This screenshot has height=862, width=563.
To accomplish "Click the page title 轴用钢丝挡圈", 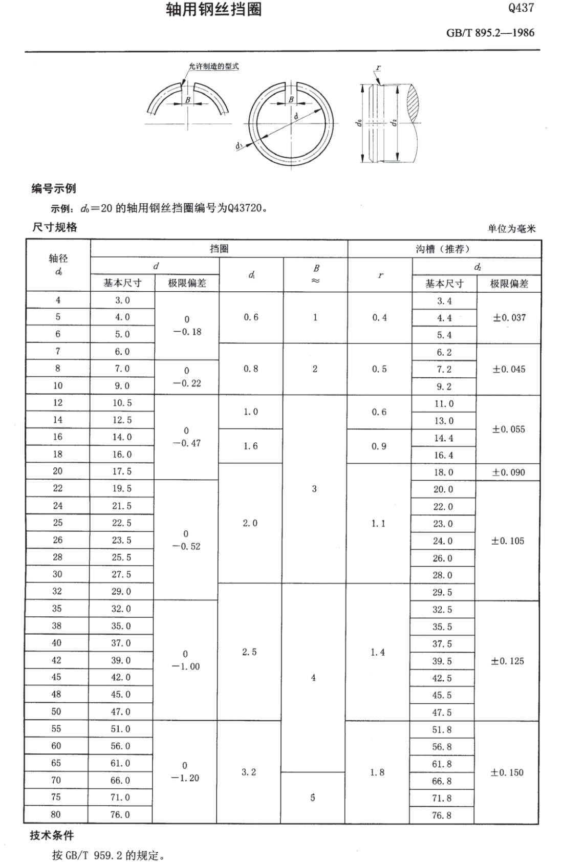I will (214, 10).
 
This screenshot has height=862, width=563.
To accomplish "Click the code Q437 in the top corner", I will (521, 8).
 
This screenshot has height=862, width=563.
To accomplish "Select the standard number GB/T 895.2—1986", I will (490, 33).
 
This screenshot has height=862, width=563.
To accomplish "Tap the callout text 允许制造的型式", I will (213, 67).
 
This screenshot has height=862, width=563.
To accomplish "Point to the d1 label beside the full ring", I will (239, 146).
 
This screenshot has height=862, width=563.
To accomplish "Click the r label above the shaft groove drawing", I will (378, 68).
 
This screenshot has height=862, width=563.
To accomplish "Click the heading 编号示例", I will (54, 188).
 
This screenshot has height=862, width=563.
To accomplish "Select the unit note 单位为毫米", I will (511, 229).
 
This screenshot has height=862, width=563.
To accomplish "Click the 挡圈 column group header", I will (219, 249).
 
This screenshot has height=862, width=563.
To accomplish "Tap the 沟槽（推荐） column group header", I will (443, 249).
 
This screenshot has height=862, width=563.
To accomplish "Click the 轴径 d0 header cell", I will (58, 265).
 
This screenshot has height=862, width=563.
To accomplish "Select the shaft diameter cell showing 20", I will (57, 471).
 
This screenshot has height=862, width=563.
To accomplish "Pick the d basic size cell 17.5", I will (122, 471).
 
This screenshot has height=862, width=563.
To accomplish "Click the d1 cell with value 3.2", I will (249, 772).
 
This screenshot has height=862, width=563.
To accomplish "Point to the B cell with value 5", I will (313, 798).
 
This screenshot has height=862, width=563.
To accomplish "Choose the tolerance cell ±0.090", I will (508, 472).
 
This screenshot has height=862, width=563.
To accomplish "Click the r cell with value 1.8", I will (377, 772).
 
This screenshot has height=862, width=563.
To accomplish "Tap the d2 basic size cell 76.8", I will (442, 815).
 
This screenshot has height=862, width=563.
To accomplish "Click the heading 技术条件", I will (52, 835).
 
